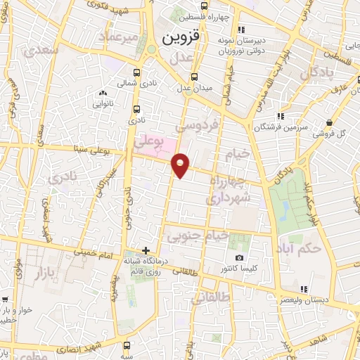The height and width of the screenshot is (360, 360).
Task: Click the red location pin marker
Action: click(181, 165)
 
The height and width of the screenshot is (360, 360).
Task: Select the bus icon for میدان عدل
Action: click(195, 77)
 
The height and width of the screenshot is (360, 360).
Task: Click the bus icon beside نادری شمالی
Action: click(136, 72)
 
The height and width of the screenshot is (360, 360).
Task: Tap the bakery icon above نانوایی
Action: click(103, 92)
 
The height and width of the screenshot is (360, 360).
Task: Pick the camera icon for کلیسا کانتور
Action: click(240, 258)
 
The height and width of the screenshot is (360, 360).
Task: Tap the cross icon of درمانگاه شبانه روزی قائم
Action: click(146, 250)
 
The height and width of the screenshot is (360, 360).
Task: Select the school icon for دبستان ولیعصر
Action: click(303, 288)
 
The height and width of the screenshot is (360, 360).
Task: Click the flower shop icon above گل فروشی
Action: click(329, 122)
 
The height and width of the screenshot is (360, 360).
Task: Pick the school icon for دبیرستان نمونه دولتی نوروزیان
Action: click(241, 30)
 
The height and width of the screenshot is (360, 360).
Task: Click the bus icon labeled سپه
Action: click(125, 345)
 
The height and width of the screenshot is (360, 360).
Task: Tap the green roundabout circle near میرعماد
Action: click(150, 49)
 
